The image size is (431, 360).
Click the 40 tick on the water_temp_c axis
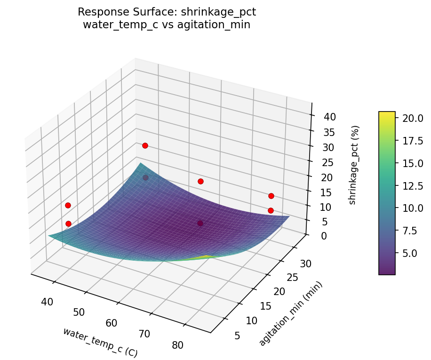(x=47, y=302)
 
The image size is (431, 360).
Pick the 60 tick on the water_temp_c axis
(x=112, y=323)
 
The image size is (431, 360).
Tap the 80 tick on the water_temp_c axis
(x=177, y=345)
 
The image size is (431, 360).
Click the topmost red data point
(x=145, y=145)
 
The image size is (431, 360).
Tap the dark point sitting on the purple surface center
(x=200, y=223)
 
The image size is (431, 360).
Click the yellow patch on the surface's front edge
(x=206, y=257)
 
